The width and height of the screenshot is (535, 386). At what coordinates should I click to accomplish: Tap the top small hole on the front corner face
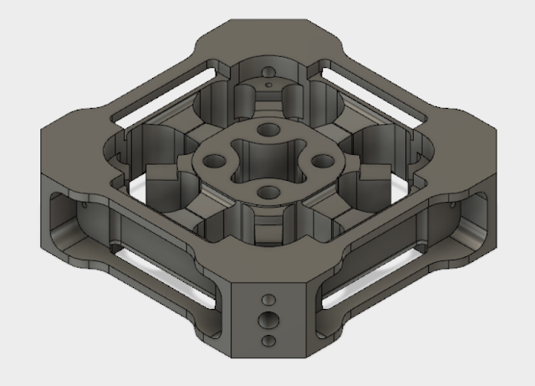point(268,299)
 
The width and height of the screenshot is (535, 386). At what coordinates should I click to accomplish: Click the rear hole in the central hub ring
point(268,130)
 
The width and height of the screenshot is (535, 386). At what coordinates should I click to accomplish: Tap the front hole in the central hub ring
point(268,193)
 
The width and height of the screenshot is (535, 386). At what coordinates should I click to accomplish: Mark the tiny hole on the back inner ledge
point(267,84)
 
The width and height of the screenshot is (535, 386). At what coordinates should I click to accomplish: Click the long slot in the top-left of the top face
point(159,96)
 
